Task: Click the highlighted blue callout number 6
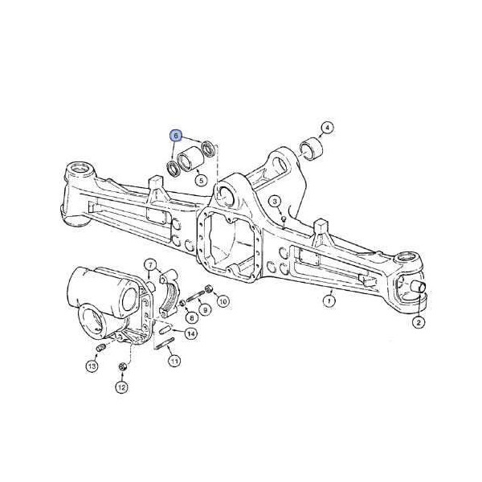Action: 176,136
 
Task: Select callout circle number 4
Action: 327,128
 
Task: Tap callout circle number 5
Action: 202,180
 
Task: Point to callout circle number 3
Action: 275,202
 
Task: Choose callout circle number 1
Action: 329,300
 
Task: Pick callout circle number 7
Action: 150,265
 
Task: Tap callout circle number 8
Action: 192,317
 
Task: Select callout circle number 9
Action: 206,310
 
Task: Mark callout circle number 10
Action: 223,301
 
